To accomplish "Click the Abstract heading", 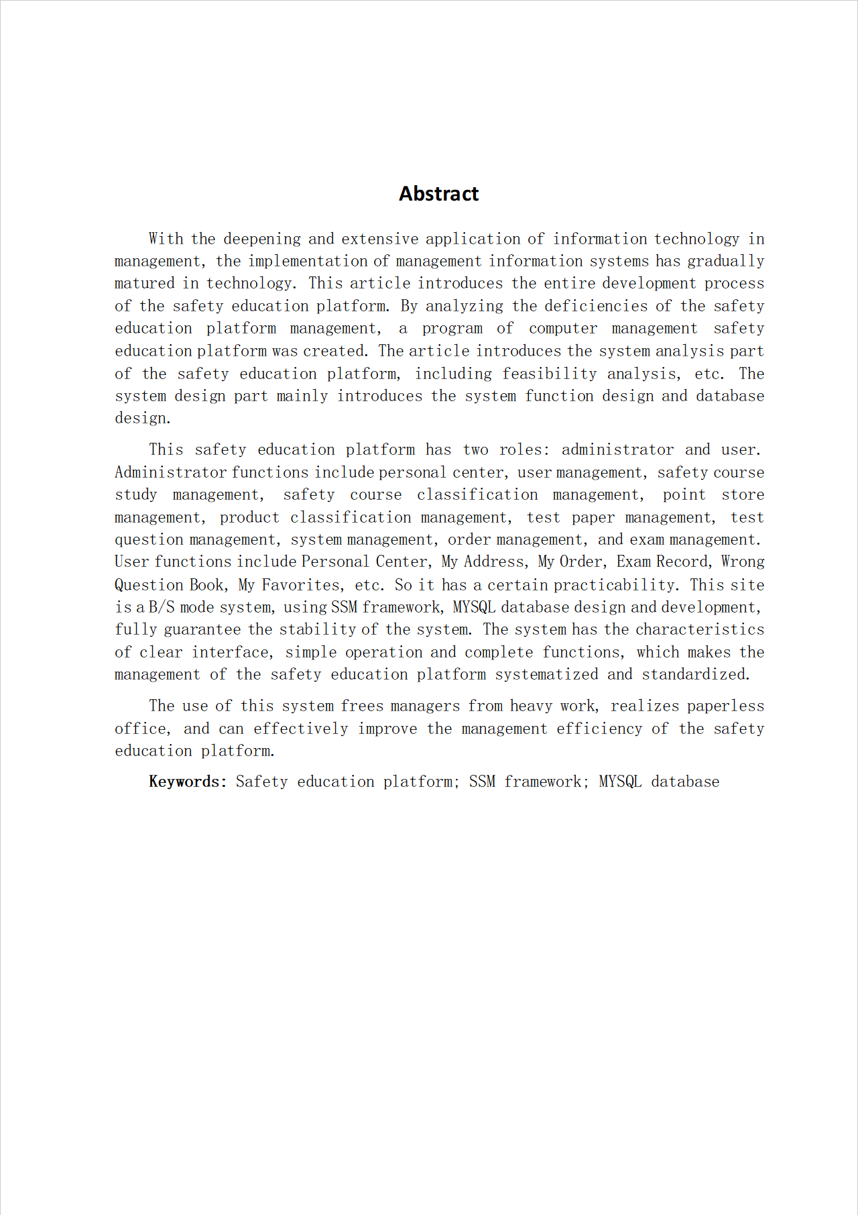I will pos(438,194).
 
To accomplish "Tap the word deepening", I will pos(261,239).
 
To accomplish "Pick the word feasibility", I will pos(549,374).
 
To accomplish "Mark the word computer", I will pos(562,329).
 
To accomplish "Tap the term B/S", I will pos(162,607).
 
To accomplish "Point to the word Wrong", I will pos(743,562).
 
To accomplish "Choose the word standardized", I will pos(695,674).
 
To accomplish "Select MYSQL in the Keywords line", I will pos(620,782).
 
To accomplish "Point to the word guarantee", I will pos(202,629).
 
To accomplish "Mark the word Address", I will pos(494,562).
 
